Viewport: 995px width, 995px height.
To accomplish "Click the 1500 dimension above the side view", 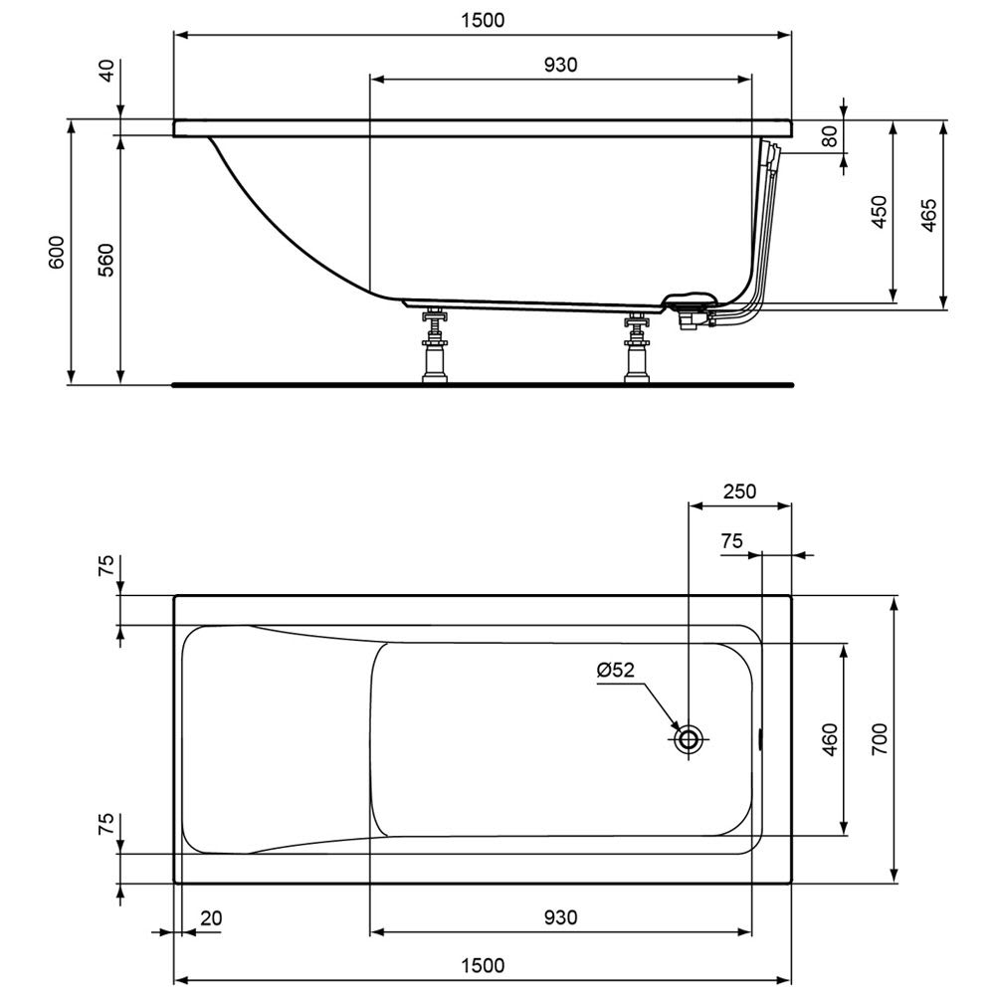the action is click(483, 20).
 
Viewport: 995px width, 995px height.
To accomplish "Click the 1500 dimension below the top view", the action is click(483, 966).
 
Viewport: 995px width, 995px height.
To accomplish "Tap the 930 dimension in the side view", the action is click(561, 65).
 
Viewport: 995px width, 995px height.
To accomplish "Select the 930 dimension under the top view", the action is click(561, 917).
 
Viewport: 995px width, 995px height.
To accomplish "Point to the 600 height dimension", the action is click(57, 252).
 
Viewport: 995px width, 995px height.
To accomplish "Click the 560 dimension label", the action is click(106, 260).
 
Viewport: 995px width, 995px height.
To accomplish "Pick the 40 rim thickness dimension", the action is click(107, 71).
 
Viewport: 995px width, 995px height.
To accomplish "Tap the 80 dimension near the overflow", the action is click(830, 136).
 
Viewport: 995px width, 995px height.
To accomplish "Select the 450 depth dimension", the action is click(879, 212).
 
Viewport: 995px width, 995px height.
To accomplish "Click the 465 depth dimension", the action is click(928, 215).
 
